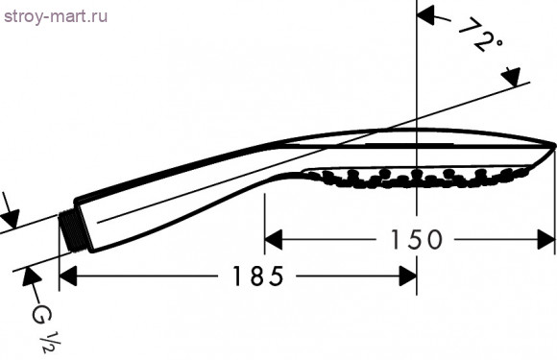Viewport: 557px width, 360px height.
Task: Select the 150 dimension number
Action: coord(413,239)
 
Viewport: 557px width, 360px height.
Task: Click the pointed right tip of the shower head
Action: coord(553,145)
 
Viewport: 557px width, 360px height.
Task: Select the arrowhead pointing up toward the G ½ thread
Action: coord(29,278)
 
